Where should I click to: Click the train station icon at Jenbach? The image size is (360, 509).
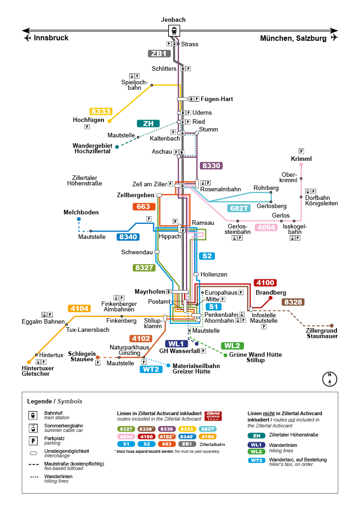[x=174, y=31]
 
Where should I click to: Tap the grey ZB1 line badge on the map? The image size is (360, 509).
[x=159, y=53]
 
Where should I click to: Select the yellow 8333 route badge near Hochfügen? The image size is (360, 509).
[x=101, y=111]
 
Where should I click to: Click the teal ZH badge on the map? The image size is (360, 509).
[x=148, y=124]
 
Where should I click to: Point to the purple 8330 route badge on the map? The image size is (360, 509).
[x=211, y=166]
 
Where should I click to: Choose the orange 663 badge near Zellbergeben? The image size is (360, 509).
[x=144, y=207]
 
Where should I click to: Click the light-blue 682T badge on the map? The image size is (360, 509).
[x=239, y=208]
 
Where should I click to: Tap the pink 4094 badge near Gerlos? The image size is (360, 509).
[x=266, y=228]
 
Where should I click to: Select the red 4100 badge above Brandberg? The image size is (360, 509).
[x=265, y=283]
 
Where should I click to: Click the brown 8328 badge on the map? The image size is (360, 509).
[x=293, y=302]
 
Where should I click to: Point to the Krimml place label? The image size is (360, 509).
[x=301, y=159]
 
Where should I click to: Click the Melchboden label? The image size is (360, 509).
[x=81, y=212]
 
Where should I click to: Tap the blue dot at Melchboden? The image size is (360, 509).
[x=79, y=219]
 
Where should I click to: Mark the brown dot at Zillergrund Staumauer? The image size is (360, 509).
[x=331, y=325]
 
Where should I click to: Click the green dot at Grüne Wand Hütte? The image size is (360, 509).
[x=226, y=355]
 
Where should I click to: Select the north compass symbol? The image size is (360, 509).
[x=330, y=379]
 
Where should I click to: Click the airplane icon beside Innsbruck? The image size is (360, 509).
[x=28, y=38]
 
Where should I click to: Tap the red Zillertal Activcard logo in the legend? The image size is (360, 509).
[x=213, y=416]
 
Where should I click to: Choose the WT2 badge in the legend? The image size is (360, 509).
[x=257, y=461]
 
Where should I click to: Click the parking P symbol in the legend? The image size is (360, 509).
[x=33, y=441]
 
